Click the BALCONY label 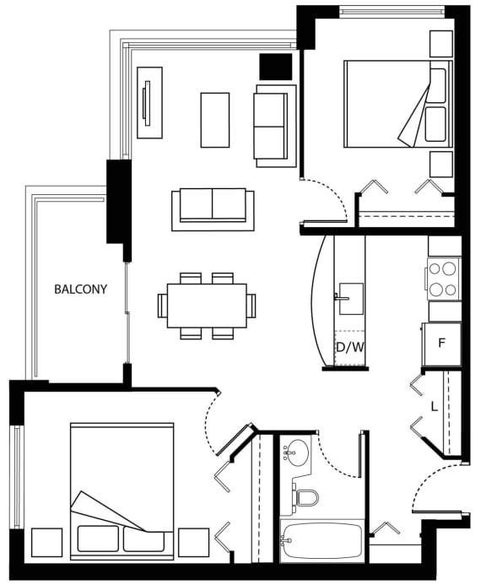80,290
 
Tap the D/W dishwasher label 350,348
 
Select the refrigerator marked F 441,344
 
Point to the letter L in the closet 435,406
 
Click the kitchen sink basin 351,299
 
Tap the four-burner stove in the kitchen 444,279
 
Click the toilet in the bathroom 305,498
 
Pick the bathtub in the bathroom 321,540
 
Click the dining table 207,306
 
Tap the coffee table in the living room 215,120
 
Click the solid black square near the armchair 276,67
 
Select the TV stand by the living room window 150,103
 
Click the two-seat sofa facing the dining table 213,209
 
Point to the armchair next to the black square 275,126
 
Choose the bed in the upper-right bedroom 398,104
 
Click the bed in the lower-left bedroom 122,491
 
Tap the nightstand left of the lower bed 47,543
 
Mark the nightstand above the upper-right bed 441,44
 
